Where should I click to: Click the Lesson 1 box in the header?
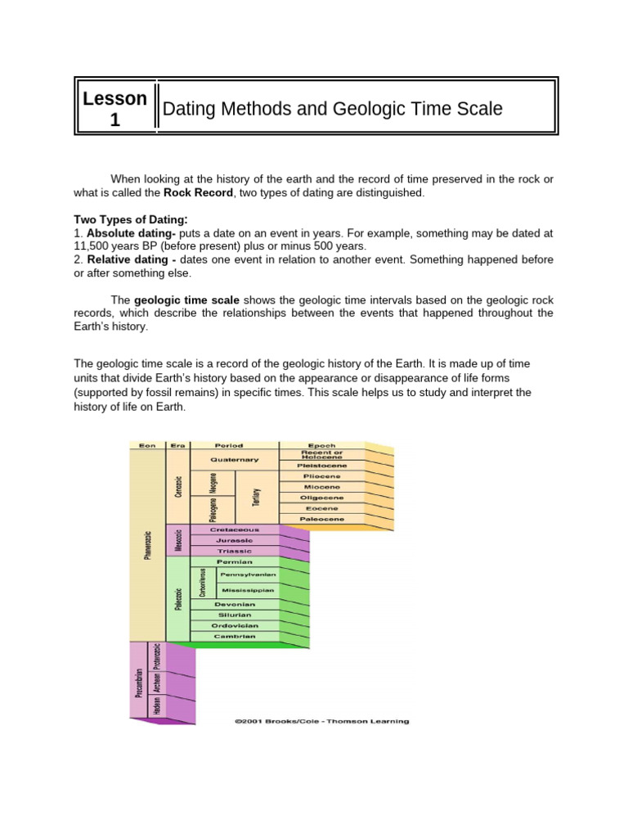[x=114, y=109]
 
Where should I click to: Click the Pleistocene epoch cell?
[x=321, y=465]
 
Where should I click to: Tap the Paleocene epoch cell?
[x=321, y=519]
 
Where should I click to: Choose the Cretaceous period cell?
[x=234, y=530]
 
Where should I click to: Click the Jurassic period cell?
[x=234, y=541]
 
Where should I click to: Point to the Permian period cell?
[x=234, y=562]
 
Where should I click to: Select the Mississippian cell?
[x=247, y=589]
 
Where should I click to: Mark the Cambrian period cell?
[x=234, y=636]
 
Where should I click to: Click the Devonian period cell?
[x=234, y=605]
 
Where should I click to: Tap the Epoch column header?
[x=321, y=446]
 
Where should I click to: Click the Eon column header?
[x=147, y=446]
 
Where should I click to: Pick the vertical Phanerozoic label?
[x=147, y=544]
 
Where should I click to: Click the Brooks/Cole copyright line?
[x=321, y=721]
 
